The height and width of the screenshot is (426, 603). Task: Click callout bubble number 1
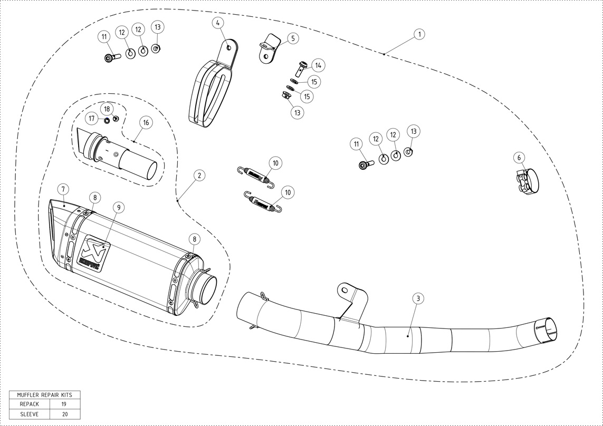click(x=419, y=34)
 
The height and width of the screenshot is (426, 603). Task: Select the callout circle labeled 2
click(x=198, y=175)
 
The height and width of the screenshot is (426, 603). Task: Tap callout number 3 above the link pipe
click(x=417, y=298)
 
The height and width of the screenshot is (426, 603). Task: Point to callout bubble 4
click(x=218, y=23)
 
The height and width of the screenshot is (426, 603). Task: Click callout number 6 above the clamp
click(x=519, y=158)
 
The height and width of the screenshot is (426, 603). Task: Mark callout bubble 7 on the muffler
click(x=62, y=189)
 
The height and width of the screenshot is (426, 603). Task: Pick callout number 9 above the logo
click(x=119, y=208)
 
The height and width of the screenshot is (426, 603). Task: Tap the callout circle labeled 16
click(x=146, y=122)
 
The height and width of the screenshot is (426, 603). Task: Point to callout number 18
click(x=107, y=109)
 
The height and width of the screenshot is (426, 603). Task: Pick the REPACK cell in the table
click(x=30, y=404)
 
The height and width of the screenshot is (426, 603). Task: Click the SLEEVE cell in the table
click(x=30, y=414)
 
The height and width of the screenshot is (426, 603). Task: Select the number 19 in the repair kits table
click(x=64, y=404)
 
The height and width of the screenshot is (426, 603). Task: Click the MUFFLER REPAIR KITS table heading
click(x=45, y=394)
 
